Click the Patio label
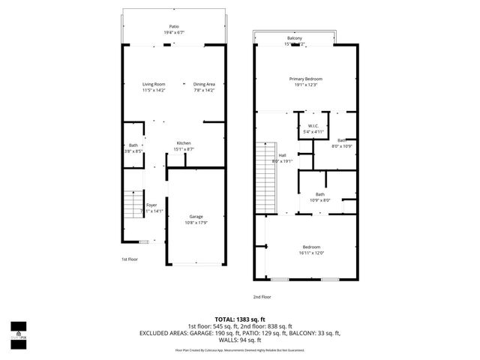pyautogui.click(x=174, y=26)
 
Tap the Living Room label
pyautogui.click(x=154, y=84)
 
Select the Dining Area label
pyautogui.click(x=204, y=84)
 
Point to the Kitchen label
pyautogui.click(x=184, y=143)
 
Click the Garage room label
pyautogui.click(x=196, y=217)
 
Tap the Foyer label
pyautogui.click(x=151, y=205)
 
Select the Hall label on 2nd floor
pyautogui.click(x=283, y=155)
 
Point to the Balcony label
pyautogui.click(x=295, y=38)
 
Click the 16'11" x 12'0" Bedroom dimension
pyautogui.click(x=311, y=253)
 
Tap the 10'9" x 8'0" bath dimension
pyautogui.click(x=320, y=200)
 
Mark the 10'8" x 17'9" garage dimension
pyautogui.click(x=196, y=223)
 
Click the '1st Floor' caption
pyautogui.click(x=130, y=259)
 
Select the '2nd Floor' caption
pyautogui.click(x=261, y=296)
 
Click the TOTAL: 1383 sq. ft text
pyautogui.click(x=240, y=319)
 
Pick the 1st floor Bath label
pyautogui.click(x=133, y=145)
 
